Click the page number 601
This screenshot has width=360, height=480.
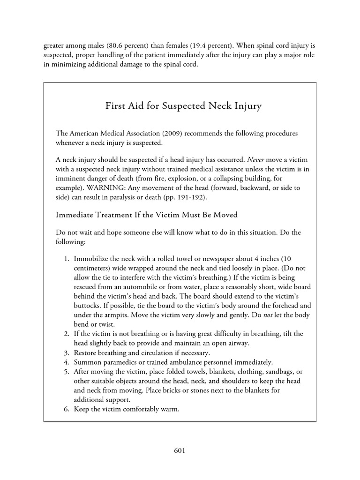click(x=180, y=451)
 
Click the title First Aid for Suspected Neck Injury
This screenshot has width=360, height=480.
click(x=183, y=106)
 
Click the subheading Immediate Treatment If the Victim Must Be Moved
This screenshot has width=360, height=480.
click(x=147, y=215)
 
